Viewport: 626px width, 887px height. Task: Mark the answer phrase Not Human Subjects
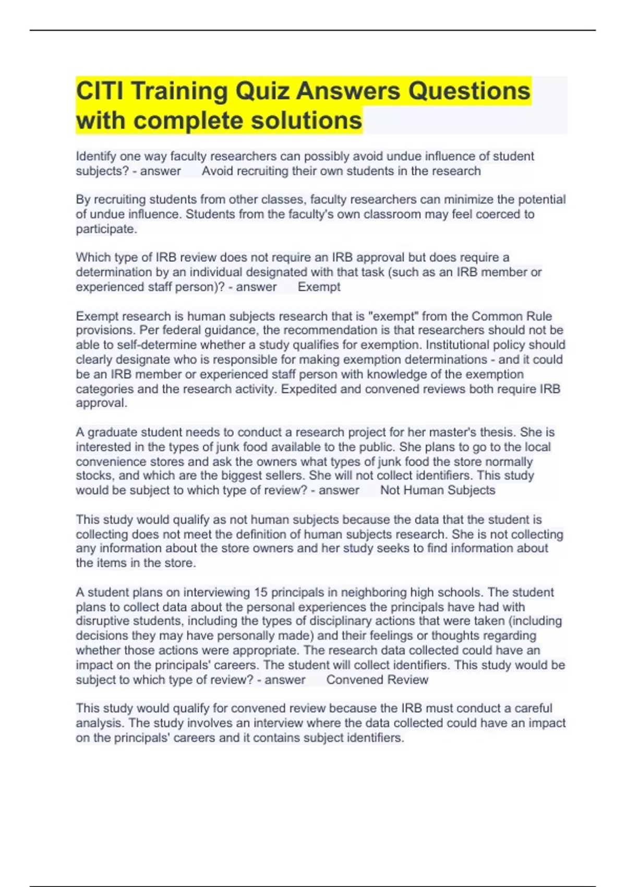coord(438,490)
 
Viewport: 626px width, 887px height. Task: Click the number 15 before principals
coord(260,592)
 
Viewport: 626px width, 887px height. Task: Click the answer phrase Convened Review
coord(377,680)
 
